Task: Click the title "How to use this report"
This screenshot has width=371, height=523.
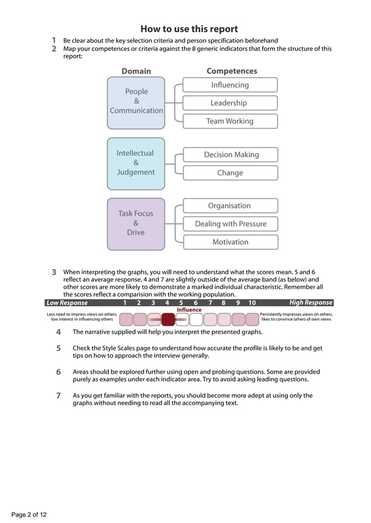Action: point(189,29)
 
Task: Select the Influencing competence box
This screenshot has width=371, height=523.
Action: point(230,85)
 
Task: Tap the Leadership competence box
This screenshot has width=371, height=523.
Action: point(230,103)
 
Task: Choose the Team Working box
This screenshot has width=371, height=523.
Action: point(230,121)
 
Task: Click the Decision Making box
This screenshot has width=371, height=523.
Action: point(230,155)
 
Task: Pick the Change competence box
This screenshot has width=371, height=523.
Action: point(230,173)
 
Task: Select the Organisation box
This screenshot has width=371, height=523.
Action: point(230,206)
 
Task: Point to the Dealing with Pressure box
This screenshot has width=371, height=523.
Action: point(230,224)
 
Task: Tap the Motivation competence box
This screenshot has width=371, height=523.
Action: point(230,242)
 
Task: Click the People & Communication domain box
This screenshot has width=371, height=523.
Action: point(136,102)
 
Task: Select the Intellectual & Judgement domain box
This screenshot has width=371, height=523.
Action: point(136,163)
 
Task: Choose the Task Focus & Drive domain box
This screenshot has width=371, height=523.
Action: point(136,224)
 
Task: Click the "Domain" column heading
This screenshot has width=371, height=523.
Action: point(136,71)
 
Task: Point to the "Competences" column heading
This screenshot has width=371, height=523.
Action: point(231,71)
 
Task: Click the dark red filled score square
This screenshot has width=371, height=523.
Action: point(167,319)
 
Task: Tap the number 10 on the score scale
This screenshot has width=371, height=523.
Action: point(252,303)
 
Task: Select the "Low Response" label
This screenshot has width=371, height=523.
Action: point(67,303)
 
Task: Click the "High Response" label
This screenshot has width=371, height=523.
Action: point(311,303)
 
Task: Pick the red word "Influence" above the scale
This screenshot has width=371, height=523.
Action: point(189,310)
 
